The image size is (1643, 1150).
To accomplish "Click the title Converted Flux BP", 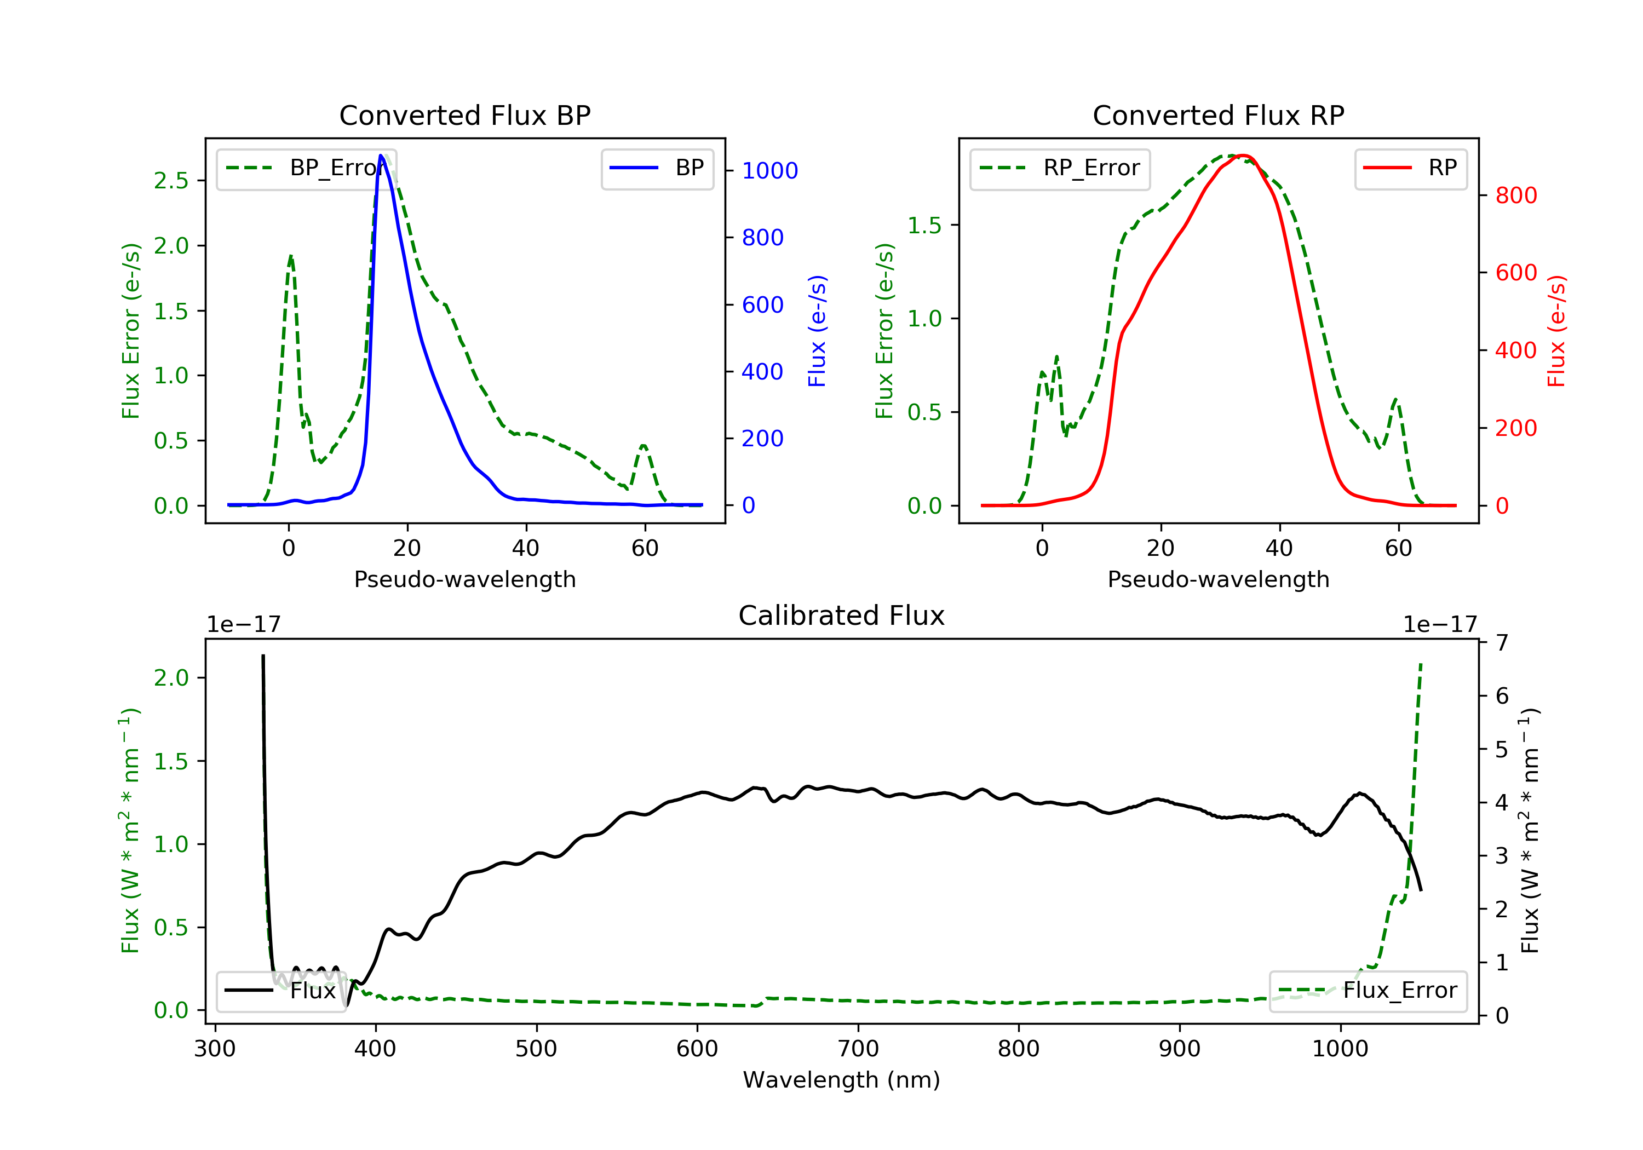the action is (x=464, y=115).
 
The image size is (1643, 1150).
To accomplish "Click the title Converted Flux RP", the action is (x=1218, y=115).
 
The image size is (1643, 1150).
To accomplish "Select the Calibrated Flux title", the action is (x=842, y=616).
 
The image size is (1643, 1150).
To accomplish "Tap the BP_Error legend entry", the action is (x=306, y=168).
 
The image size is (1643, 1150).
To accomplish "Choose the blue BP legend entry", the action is (x=657, y=168).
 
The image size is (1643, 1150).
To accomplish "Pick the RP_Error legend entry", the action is (x=1060, y=168).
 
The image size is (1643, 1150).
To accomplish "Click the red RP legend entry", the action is (x=1410, y=168).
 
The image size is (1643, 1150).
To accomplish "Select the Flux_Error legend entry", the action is (x=1368, y=991).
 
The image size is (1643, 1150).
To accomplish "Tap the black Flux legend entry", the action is (x=280, y=991).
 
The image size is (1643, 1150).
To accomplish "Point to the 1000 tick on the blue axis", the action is (x=769, y=170).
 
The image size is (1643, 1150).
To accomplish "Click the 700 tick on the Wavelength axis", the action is (x=858, y=1049).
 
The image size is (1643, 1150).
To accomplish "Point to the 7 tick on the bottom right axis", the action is (x=1502, y=642).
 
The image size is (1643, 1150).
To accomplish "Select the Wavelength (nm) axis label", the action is (x=842, y=1080).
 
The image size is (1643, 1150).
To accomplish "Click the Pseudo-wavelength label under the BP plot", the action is (x=465, y=579).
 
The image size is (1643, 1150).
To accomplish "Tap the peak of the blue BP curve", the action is (x=381, y=156).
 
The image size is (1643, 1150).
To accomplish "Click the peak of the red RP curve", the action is (x=1244, y=156).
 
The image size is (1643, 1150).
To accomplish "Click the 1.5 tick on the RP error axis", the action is (x=924, y=226).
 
